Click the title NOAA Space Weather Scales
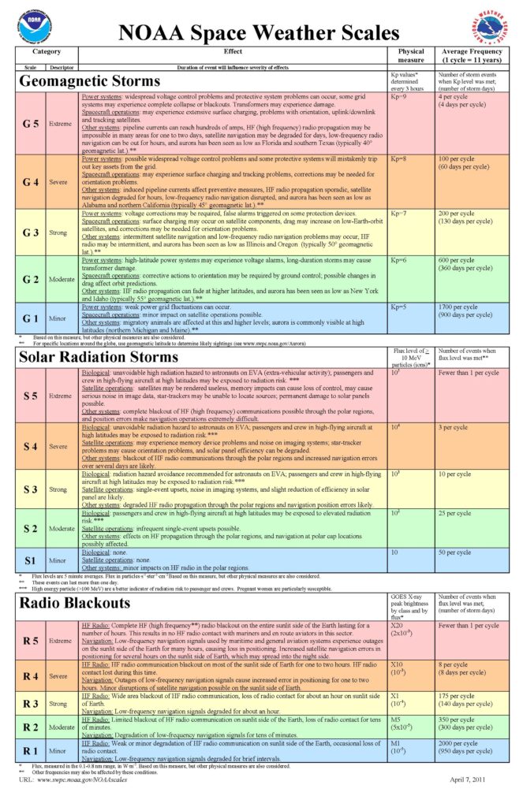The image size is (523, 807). tap(260, 33)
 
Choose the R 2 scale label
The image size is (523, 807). tap(29, 727)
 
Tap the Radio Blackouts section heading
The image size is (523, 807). tap(74, 603)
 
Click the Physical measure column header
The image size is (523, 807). tap(411, 55)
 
